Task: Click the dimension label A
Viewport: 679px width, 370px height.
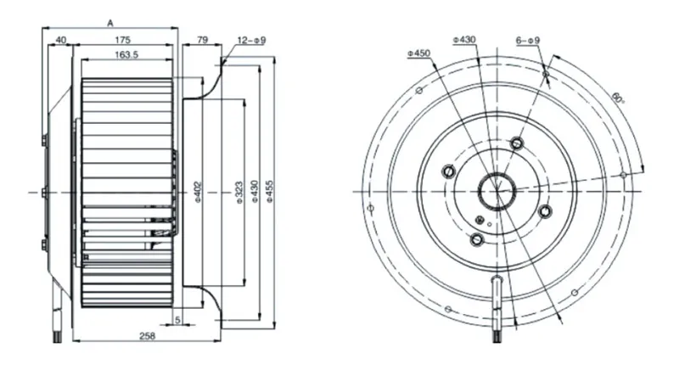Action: coord(110,24)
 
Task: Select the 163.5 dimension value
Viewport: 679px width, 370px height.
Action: coord(126,55)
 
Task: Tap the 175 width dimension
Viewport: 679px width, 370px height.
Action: coord(122,40)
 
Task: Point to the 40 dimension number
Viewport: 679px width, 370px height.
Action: coord(61,40)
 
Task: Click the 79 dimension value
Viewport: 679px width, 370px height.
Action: coord(202,40)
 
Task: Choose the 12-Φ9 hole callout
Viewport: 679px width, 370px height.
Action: coord(251,41)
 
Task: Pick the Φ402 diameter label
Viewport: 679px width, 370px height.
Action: coord(198,192)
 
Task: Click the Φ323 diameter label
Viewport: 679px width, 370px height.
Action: coord(239,192)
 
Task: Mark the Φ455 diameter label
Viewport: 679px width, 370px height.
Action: coord(270,192)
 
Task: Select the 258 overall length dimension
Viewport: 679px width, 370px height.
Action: coord(147,336)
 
